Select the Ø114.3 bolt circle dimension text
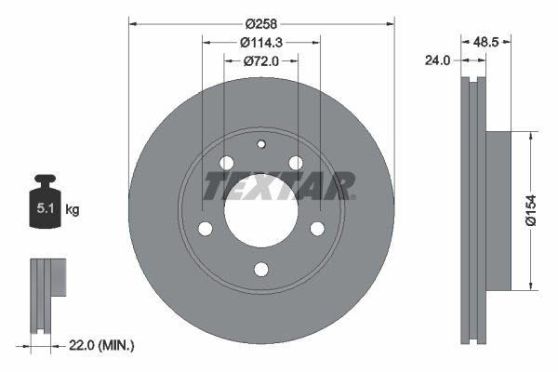pyautogui.click(x=261, y=42)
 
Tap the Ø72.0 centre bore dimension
pyautogui.click(x=261, y=61)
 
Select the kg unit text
pyautogui.click(x=72, y=210)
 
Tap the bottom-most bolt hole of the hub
pyautogui.click(x=261, y=270)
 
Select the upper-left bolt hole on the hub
pyautogui.click(x=226, y=164)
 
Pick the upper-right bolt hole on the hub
pyautogui.click(x=296, y=164)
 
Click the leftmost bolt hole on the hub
pyautogui.click(x=206, y=229)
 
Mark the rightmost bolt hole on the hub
pyautogui.click(x=317, y=229)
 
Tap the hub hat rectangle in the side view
pyautogui.click(x=498, y=209)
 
